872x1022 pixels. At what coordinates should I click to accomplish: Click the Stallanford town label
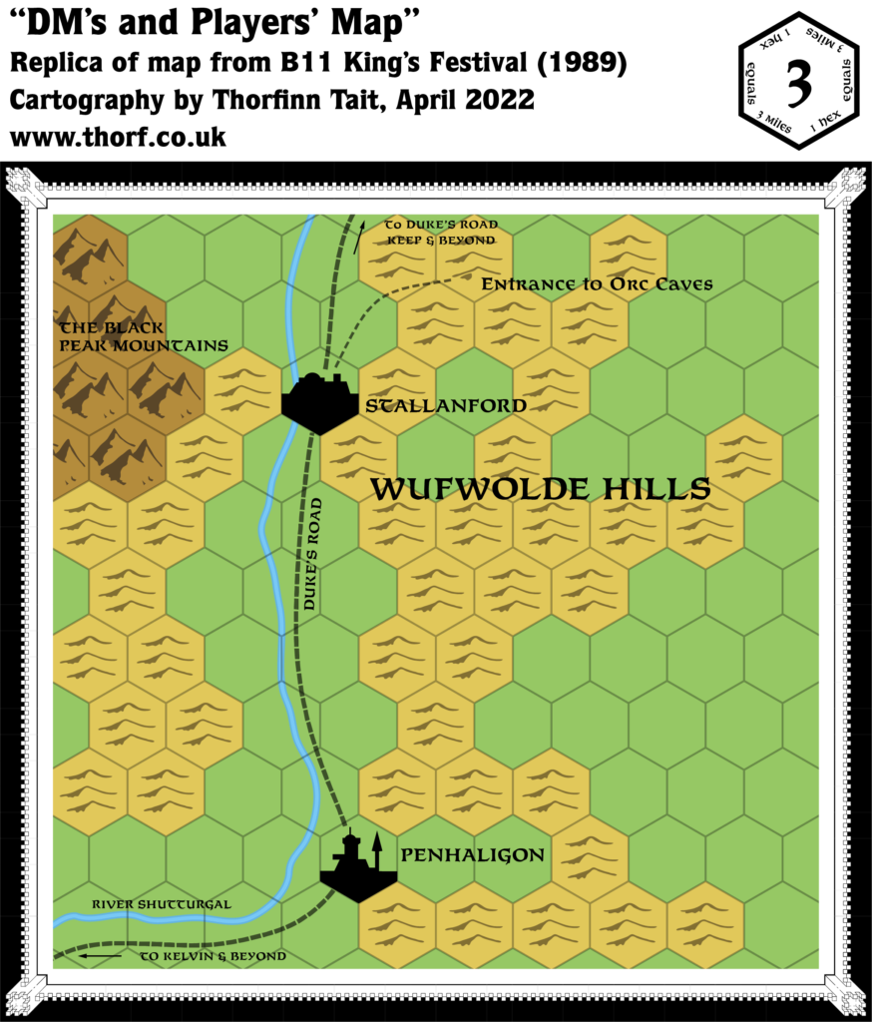[445, 406]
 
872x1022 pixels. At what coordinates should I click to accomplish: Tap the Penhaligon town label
[472, 855]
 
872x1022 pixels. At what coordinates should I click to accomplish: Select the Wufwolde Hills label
[540, 489]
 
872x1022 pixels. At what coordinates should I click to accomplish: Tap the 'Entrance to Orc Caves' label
[597, 284]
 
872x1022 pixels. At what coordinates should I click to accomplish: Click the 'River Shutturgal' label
[161, 904]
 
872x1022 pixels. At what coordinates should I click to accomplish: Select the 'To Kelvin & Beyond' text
[213, 956]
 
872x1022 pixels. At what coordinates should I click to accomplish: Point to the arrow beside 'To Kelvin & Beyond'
[100, 956]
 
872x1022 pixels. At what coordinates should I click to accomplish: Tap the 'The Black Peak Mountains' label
[143, 336]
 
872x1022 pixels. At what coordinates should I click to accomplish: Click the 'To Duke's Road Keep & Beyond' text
[440, 233]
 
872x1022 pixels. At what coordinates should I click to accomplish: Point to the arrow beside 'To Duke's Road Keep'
[360, 235]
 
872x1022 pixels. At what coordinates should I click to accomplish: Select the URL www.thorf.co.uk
[118, 137]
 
